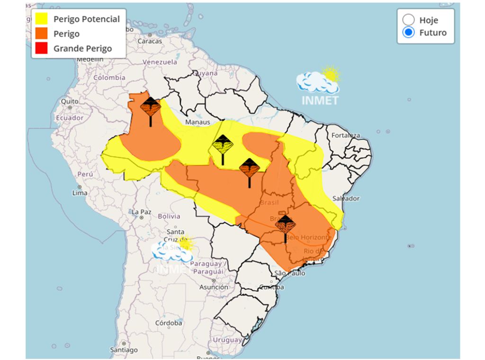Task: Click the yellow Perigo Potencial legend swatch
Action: [41, 19]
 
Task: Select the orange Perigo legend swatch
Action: [41, 34]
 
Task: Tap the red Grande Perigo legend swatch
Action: [41, 48]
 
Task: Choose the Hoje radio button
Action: [408, 20]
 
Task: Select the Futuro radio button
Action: [408, 33]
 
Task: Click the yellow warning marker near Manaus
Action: [222, 144]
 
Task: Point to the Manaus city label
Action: [198, 122]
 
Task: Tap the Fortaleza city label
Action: [345, 135]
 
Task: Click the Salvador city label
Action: [346, 198]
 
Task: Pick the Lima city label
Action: [80, 193]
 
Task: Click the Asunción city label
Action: [214, 287]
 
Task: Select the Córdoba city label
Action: [168, 323]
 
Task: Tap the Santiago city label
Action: [124, 350]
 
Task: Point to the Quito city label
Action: [69, 101]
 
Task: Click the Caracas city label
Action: [149, 41]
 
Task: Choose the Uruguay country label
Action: [227, 340]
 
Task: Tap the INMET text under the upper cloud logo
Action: [320, 100]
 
